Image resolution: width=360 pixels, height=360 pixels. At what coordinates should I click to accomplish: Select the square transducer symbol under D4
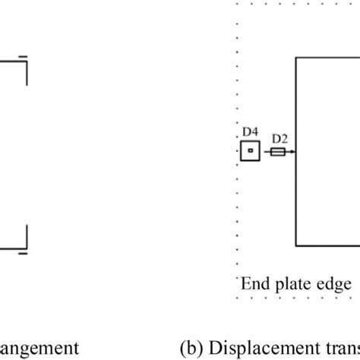pos(249,152)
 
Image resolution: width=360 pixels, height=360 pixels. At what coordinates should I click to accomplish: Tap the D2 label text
pos(279,138)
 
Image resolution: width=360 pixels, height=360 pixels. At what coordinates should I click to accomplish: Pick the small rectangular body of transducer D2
pos(278,152)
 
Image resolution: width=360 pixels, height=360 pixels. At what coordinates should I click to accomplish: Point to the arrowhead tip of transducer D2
pos(294,152)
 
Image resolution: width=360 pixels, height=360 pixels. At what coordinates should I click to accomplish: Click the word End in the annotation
pos(254,284)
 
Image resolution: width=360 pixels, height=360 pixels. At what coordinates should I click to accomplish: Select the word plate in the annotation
pos(289,285)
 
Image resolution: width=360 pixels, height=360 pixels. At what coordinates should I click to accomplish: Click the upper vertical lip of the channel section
pos(27,73)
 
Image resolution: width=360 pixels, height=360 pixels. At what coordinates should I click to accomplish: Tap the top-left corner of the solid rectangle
pos(295,56)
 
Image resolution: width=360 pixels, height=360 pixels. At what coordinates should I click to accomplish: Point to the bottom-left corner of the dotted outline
pos(238,298)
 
